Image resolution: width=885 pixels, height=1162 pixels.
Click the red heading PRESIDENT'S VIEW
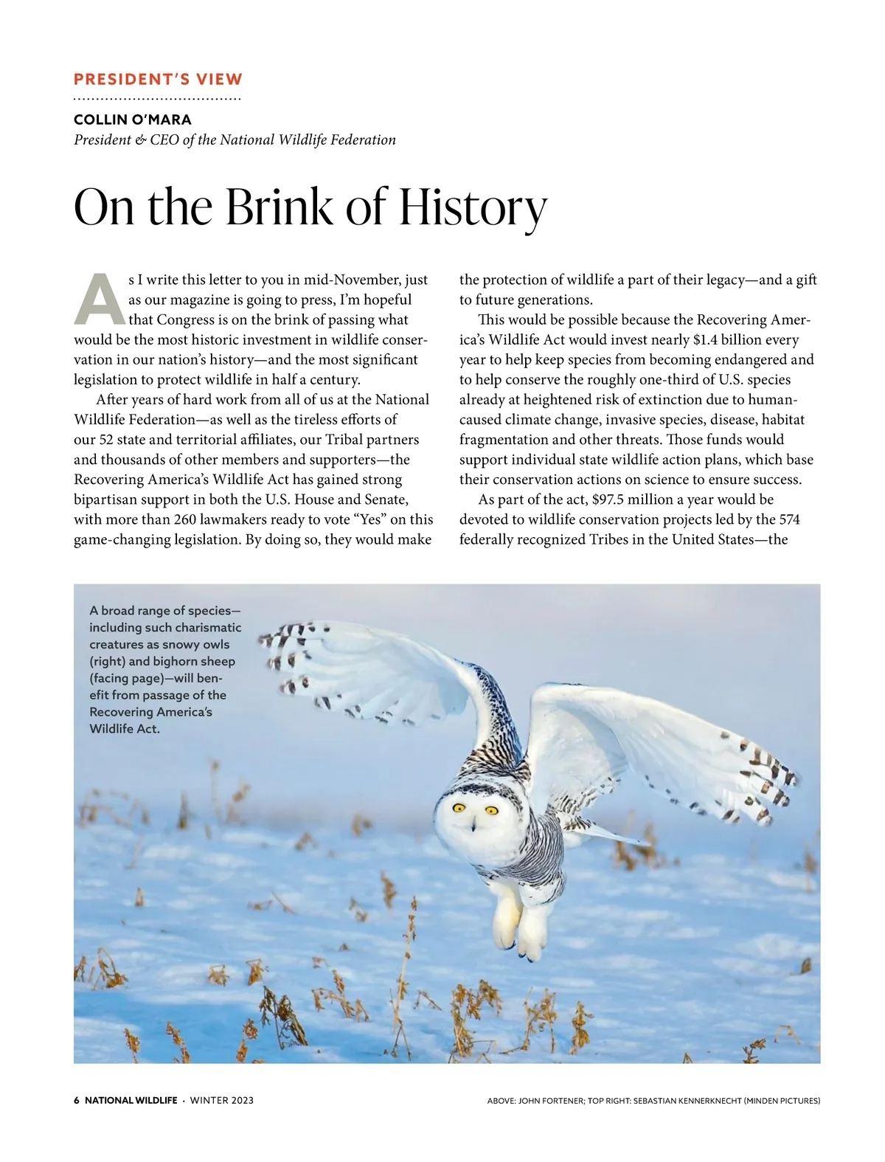pyautogui.click(x=158, y=80)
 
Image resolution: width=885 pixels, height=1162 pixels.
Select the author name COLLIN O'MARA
pyautogui.click(x=133, y=120)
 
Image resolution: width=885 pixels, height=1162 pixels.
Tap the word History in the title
pyautogui.click(x=473, y=207)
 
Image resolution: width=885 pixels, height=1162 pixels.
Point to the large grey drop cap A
pyautogui.click(x=99, y=300)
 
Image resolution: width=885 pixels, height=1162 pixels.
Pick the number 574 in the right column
pyautogui.click(x=789, y=519)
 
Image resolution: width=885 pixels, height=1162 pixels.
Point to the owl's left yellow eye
pyautogui.click(x=458, y=808)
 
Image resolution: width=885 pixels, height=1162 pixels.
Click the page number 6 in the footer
pyautogui.click(x=77, y=1100)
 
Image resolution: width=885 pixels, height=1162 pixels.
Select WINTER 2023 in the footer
pyautogui.click(x=222, y=1100)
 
